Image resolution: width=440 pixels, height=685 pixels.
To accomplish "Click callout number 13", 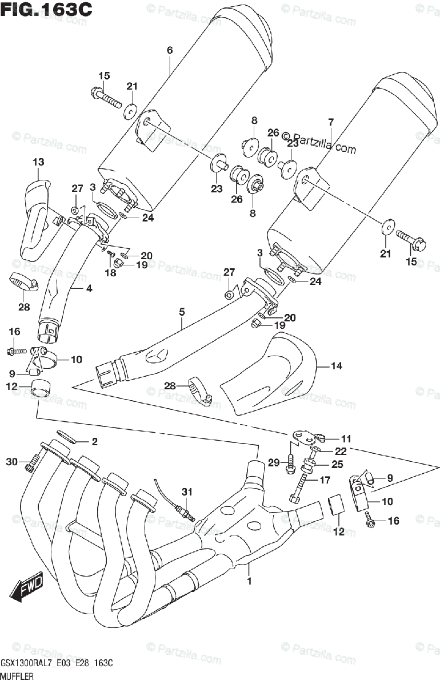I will point(38,163).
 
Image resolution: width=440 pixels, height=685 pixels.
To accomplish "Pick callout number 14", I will point(337,366).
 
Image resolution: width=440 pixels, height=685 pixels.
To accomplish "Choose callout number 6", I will point(169,51).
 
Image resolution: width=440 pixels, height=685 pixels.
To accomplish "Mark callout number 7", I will point(330,122).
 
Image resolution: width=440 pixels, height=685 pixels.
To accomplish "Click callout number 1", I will point(249,583).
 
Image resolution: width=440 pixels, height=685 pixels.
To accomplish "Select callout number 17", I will point(325,480).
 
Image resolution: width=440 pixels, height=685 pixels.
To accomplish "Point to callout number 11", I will point(346,438).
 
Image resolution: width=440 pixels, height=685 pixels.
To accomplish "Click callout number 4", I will point(89,288).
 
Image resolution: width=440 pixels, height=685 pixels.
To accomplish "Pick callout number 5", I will point(181,312).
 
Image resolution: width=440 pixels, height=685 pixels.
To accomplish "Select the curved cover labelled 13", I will point(34,217).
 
